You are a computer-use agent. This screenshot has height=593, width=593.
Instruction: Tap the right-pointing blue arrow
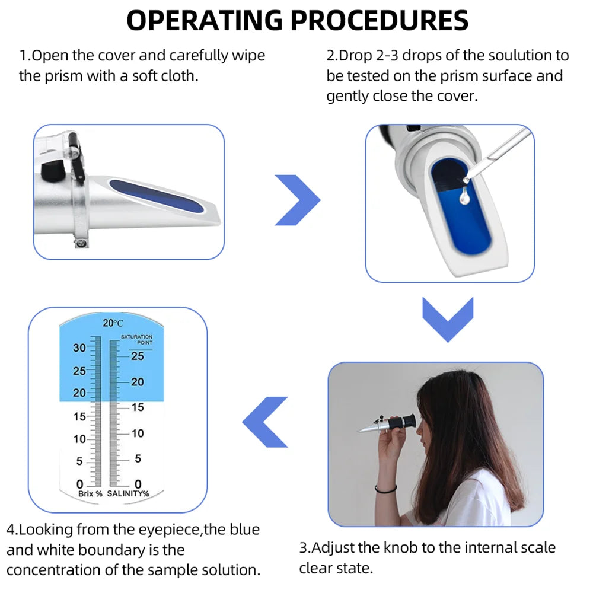(x=297, y=200)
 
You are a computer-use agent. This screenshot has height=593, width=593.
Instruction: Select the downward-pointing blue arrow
(x=448, y=319)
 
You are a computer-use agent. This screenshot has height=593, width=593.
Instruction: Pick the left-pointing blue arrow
(x=265, y=421)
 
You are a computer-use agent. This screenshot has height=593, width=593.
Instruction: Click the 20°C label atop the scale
(x=113, y=323)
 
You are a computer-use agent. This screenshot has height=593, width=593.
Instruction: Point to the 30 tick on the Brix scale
(x=79, y=348)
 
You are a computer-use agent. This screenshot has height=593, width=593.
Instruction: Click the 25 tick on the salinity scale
(x=137, y=356)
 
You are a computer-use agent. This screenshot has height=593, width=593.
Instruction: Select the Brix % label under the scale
(x=90, y=493)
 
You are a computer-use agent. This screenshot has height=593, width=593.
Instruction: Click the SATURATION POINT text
(x=137, y=339)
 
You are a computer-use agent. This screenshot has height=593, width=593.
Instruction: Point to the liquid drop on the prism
(x=464, y=196)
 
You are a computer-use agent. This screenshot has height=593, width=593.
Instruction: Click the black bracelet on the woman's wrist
(x=386, y=489)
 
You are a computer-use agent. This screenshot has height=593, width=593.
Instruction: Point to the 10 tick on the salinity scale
(x=137, y=433)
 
